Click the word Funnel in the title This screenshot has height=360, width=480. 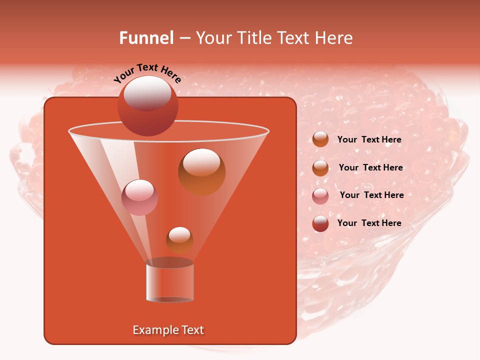146,38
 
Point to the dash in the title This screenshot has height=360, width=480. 184,38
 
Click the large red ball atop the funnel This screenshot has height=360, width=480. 147,106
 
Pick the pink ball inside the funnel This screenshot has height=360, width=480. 139,197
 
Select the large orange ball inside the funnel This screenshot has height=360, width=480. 201,171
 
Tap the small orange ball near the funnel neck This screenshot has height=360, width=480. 179,240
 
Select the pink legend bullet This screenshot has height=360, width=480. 320,196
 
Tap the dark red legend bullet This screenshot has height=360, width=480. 320,223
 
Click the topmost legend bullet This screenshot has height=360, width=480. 320,139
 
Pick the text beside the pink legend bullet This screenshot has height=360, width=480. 371,195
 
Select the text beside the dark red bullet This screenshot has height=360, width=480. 369,223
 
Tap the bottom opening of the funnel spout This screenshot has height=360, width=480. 169,299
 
